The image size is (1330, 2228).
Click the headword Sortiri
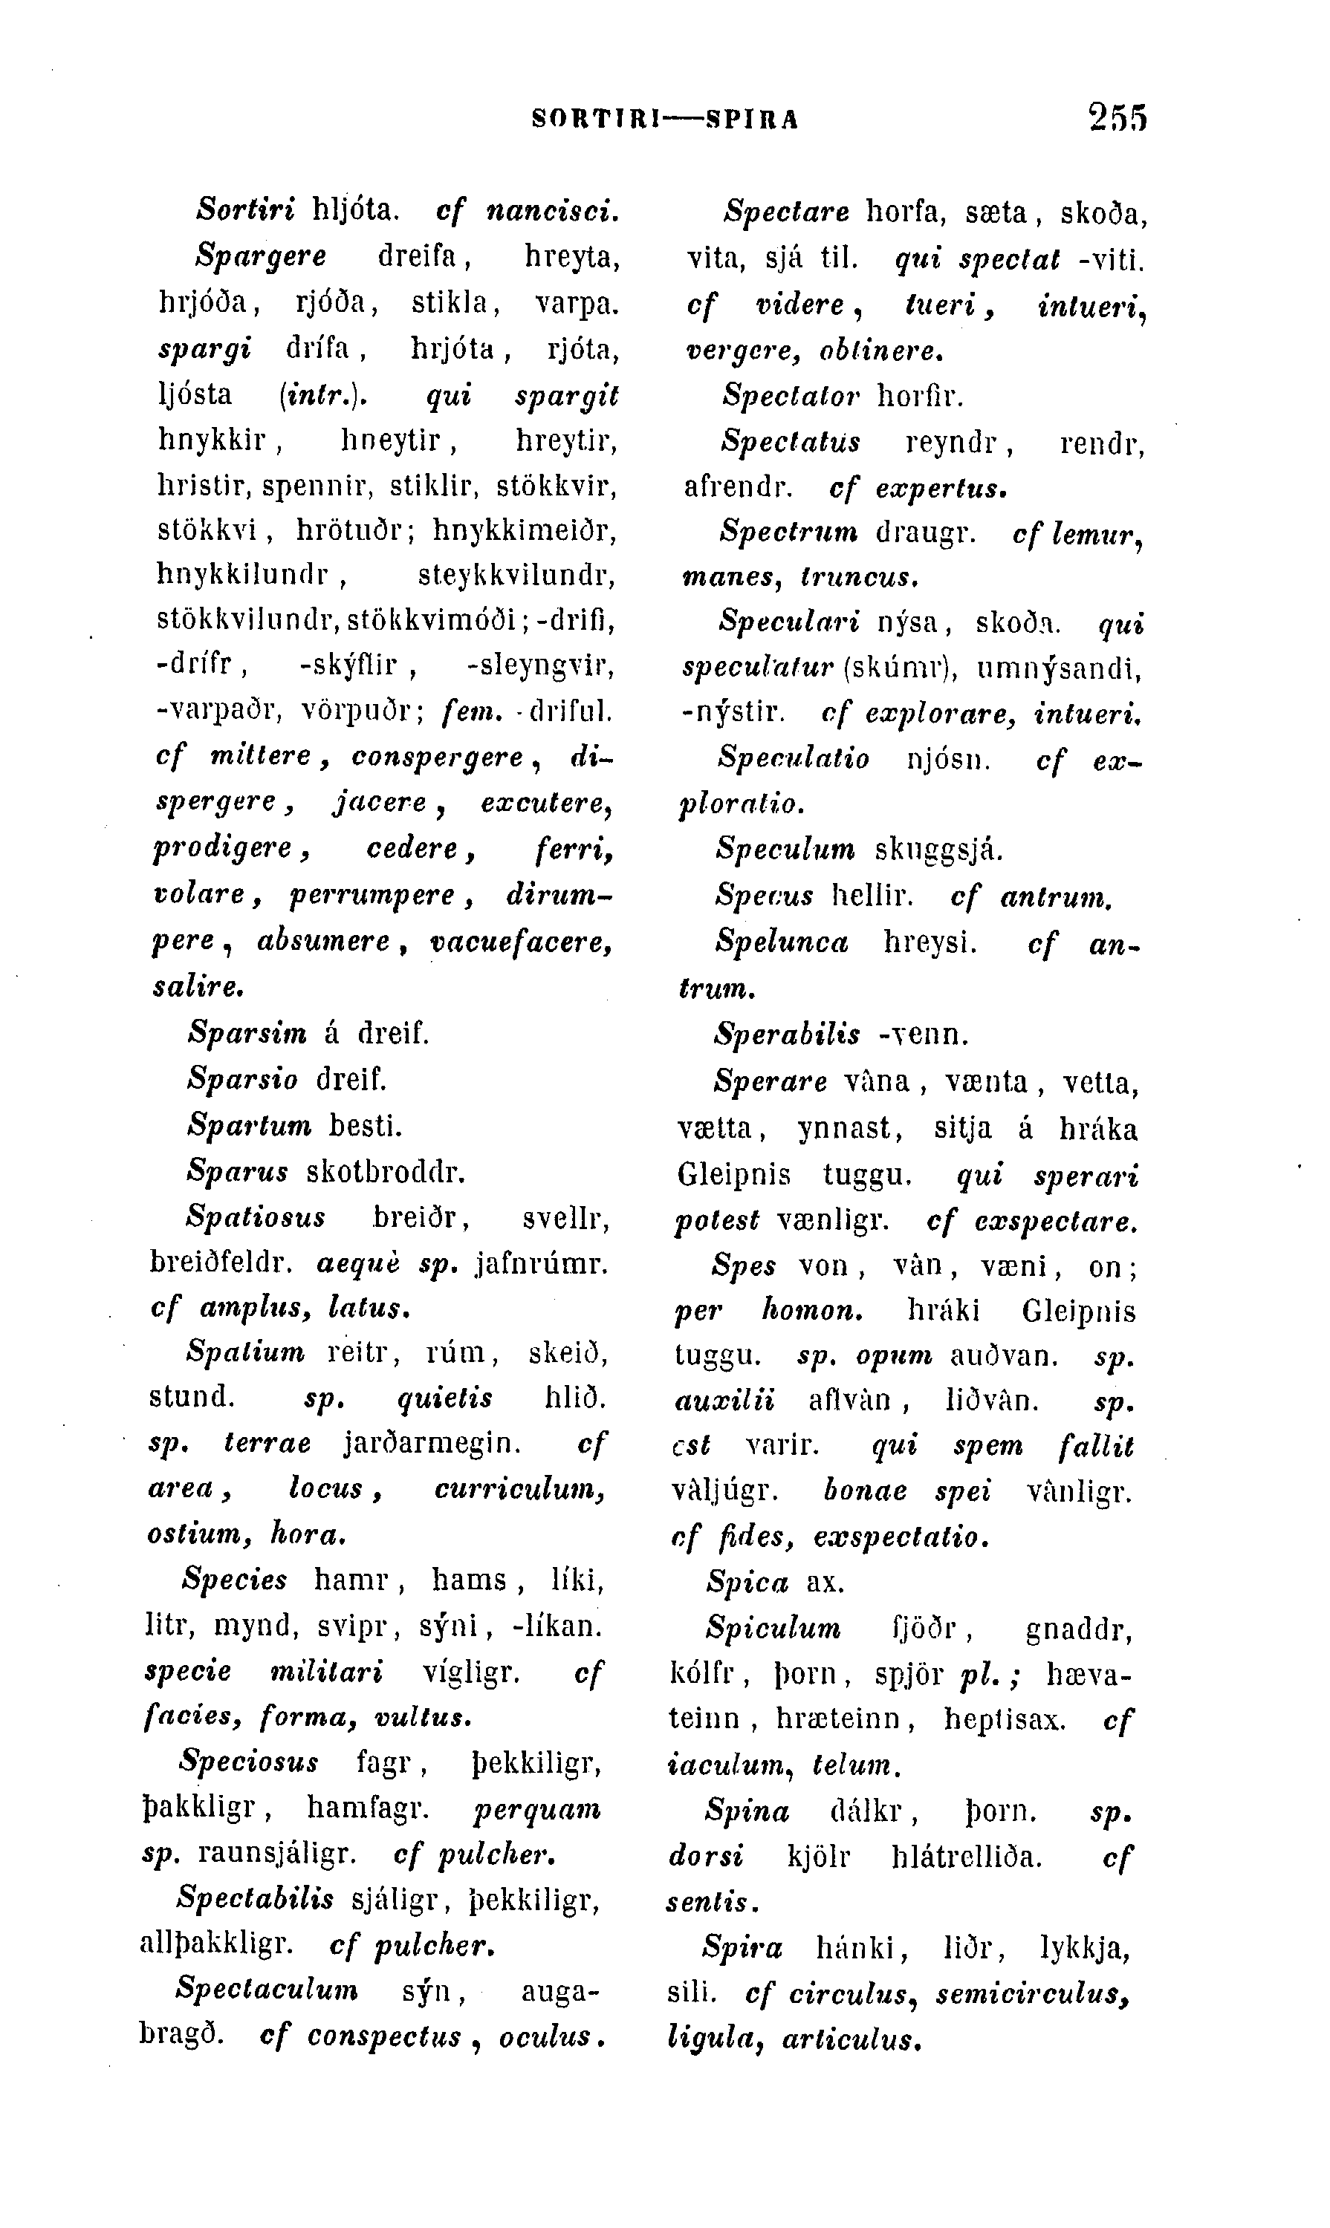pos(245,210)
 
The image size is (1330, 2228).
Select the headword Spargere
pos(261,257)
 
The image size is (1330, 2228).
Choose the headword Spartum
pos(249,1124)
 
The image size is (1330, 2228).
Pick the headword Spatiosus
pos(256,1217)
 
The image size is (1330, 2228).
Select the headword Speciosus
pos(248,1762)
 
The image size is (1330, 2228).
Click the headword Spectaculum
pos(267,1989)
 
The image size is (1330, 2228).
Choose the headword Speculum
pos(785,848)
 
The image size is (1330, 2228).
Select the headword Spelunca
pos(782,942)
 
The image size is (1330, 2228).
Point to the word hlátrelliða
pos(967,1855)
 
